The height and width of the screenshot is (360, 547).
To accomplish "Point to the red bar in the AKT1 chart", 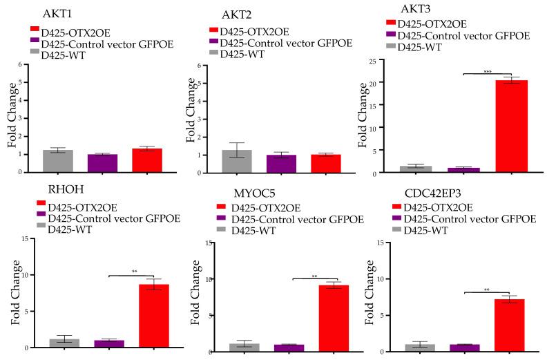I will point(146,160).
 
